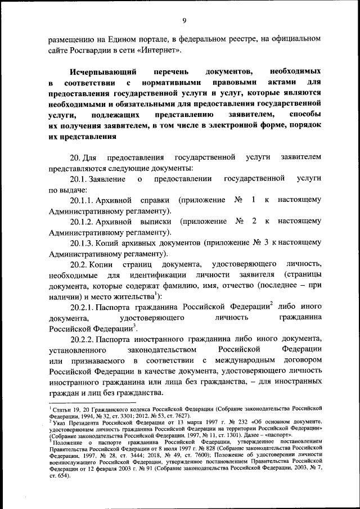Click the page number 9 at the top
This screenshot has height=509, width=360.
tap(184, 21)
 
